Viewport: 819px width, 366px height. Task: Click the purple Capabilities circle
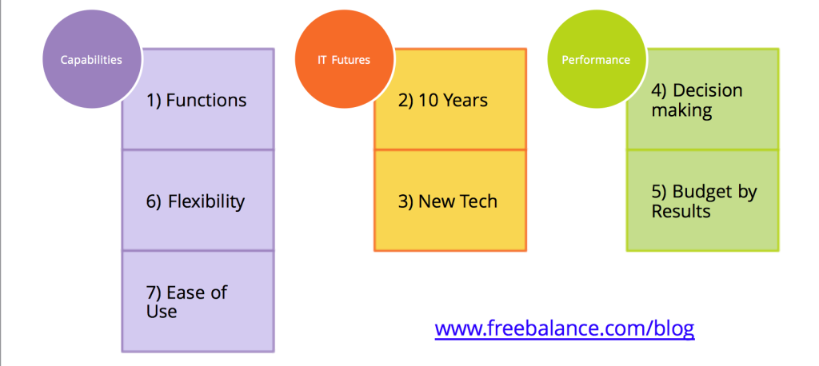(92, 59)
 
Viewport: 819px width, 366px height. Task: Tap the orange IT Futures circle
(344, 59)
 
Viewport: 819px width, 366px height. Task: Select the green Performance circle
(596, 59)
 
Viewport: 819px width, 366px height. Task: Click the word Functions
(206, 100)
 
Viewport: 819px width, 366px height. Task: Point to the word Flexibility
(206, 201)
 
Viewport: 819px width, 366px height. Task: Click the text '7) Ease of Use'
(186, 302)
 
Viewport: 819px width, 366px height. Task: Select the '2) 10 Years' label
(443, 100)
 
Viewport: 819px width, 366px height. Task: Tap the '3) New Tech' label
(448, 201)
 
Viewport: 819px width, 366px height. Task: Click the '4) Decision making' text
(697, 100)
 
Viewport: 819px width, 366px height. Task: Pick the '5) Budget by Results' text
(704, 201)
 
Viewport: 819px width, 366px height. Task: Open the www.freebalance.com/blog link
(565, 329)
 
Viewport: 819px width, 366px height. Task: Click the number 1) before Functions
(154, 101)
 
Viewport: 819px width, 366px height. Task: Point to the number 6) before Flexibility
(154, 202)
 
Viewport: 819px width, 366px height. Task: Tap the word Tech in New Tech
(477, 201)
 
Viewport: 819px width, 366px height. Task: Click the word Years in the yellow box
(466, 100)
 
